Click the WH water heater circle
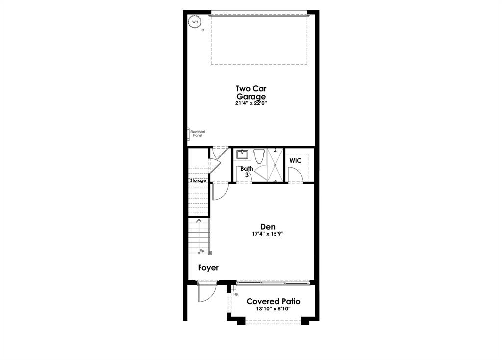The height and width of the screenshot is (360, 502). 195,22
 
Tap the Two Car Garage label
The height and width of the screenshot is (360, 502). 251,93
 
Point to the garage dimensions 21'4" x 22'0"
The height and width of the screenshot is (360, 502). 251,103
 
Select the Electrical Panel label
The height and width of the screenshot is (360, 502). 197,133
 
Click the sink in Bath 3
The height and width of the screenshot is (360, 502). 242,155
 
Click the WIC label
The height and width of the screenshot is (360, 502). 295,161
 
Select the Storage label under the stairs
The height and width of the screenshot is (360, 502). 198,180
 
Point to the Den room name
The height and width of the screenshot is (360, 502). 268,227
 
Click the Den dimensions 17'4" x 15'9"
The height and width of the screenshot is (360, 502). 268,234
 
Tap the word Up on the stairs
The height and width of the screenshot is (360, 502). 202,251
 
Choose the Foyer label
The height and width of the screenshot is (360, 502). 208,268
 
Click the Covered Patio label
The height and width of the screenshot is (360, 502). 273,301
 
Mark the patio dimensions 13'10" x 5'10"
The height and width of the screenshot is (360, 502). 273,309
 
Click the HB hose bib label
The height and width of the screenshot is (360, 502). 236,295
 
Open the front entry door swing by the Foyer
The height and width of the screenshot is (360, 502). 205,293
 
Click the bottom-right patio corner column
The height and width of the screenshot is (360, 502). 305,321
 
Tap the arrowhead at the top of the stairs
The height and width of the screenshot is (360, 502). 199,222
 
